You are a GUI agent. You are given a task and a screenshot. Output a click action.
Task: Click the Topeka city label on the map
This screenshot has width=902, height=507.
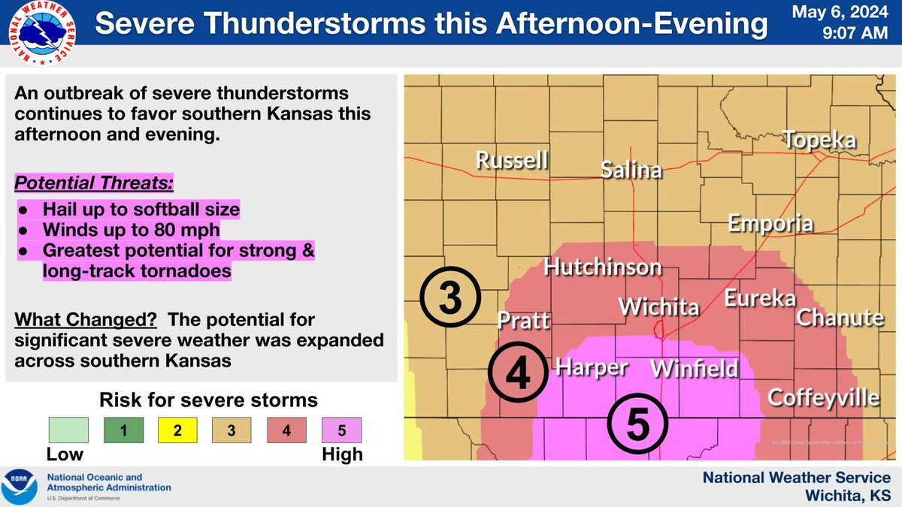tap(819, 140)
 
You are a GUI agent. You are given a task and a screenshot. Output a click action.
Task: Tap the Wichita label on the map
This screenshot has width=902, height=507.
tap(658, 307)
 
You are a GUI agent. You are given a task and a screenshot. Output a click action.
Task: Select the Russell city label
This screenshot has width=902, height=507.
tap(512, 161)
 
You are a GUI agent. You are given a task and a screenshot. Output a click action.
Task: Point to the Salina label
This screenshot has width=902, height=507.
tap(631, 170)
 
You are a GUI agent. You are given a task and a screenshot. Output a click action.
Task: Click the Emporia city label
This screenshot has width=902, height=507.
tap(770, 223)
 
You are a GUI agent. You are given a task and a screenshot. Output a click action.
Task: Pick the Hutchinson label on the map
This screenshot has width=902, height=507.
tap(603, 267)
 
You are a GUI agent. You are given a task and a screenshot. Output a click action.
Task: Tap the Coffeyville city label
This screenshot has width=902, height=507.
tap(824, 396)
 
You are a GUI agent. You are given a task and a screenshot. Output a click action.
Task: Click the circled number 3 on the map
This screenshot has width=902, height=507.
tap(449, 299)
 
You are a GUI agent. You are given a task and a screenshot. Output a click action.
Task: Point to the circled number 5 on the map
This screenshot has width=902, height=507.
tap(637, 425)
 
